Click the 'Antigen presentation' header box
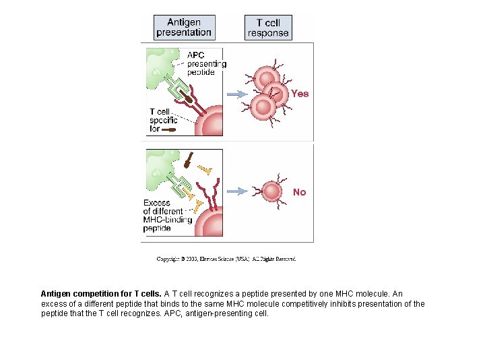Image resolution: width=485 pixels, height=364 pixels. (184, 28)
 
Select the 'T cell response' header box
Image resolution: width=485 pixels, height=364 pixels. (268, 28)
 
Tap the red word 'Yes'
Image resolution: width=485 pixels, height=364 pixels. (300, 94)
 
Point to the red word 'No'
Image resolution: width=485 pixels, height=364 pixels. (299, 192)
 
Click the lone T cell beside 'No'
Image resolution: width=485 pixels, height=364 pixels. (271, 191)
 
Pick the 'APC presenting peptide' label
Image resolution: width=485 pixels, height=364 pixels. (206, 63)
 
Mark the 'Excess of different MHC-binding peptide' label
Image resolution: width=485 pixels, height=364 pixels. (166, 215)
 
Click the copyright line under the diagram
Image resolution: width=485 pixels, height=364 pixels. (226, 259)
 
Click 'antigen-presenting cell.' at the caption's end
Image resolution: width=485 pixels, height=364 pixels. (229, 313)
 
